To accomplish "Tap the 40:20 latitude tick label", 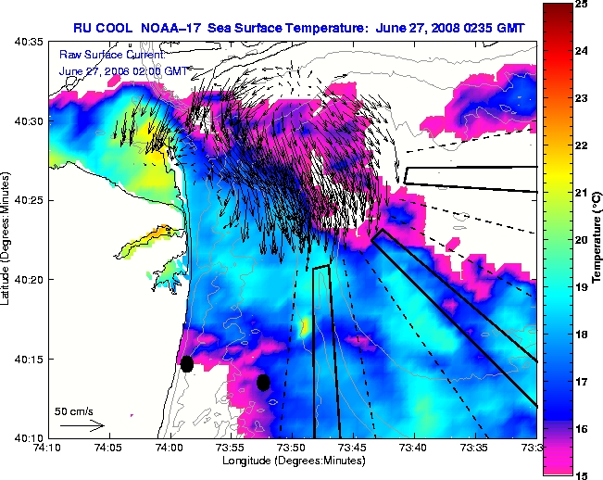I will (x=28, y=279).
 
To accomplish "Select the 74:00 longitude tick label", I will (x=169, y=448).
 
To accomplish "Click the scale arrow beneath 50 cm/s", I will (x=82, y=425).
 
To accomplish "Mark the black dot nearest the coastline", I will (x=187, y=363).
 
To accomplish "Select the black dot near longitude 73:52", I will (x=263, y=382).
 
